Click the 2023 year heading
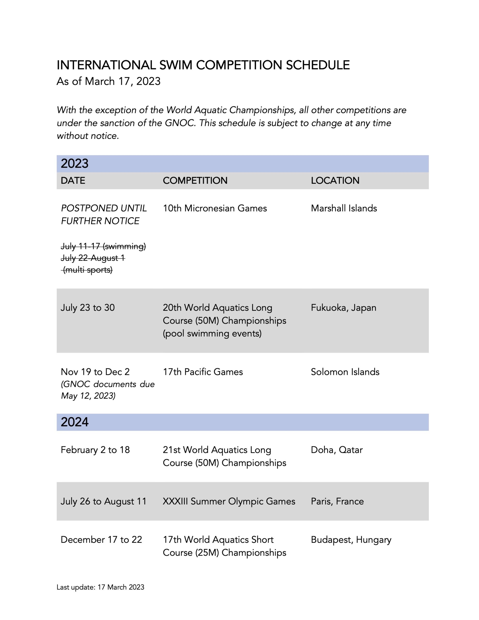pos(75,163)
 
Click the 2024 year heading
pos(75,422)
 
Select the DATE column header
pos(73,180)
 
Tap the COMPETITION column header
pos(195,180)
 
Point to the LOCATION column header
pos(335,180)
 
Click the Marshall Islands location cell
pos(344,208)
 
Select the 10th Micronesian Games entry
pos(215,208)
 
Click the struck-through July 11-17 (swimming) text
pos(103,246)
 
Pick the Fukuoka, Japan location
pos(344,308)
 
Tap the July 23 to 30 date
pos(88,308)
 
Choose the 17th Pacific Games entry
pos(203,372)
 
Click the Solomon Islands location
pos(345,372)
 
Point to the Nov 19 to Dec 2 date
pos(95,372)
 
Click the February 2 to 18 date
pos(95,450)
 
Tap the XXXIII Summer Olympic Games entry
pos(229,501)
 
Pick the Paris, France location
pos(337,501)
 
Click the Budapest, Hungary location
pos(351,540)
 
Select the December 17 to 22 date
pos(101,540)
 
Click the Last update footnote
pos(100,587)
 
